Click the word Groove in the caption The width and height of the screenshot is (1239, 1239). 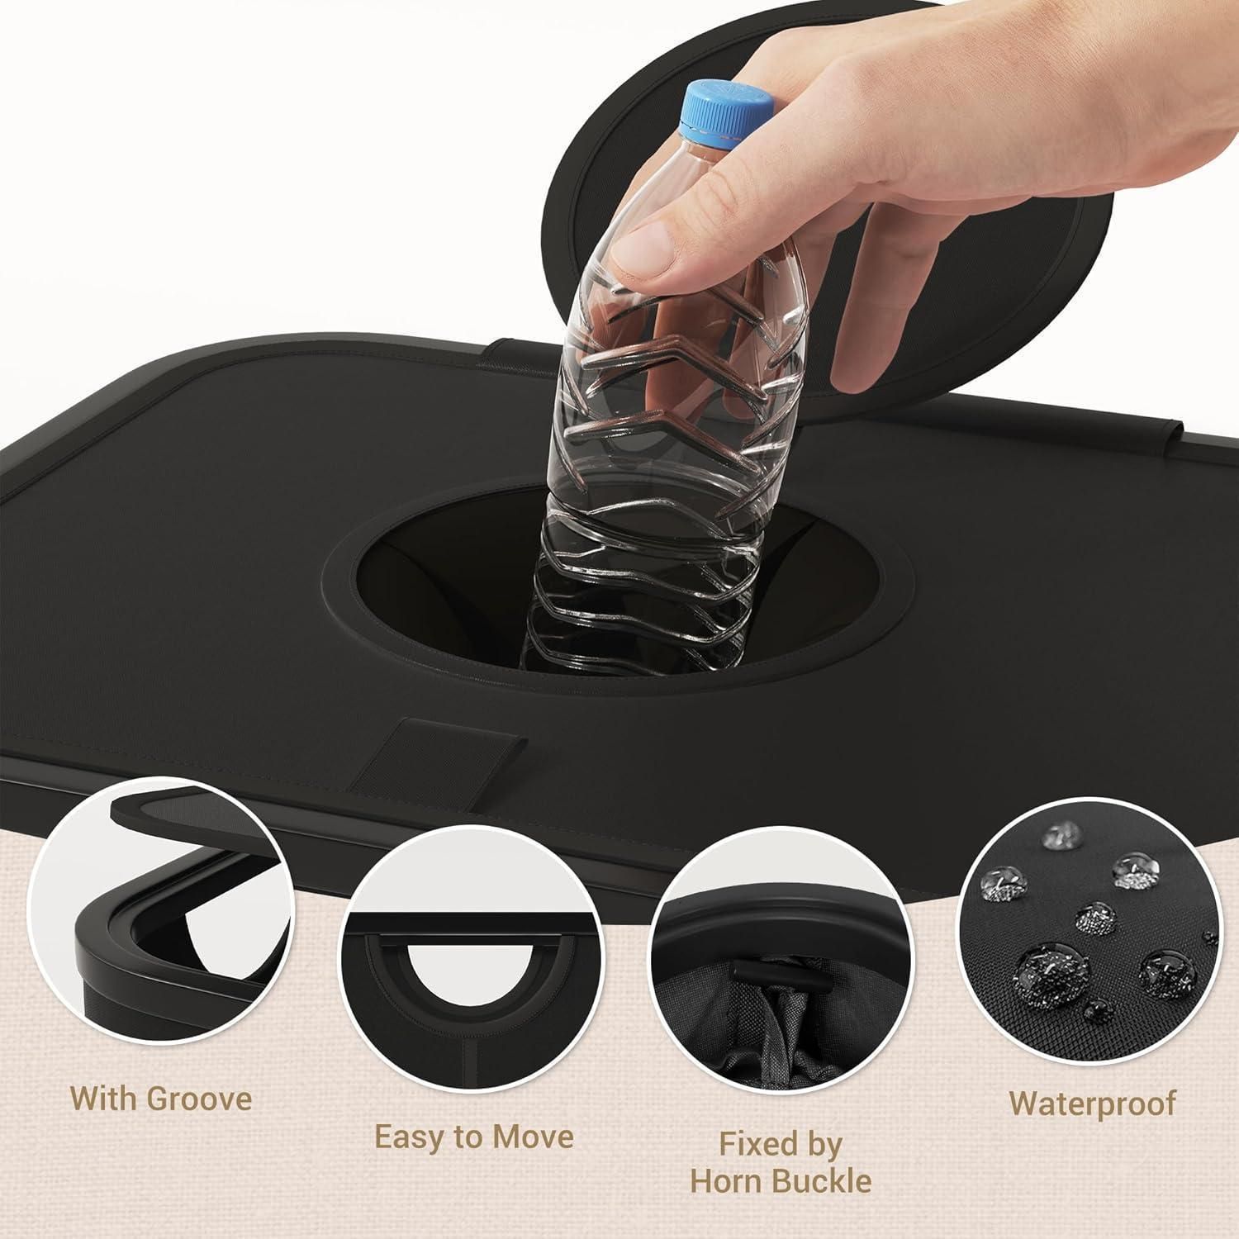pyautogui.click(x=199, y=1099)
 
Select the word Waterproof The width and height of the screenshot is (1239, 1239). pyautogui.click(x=1092, y=1104)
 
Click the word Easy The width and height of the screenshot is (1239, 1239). pyautogui.click(x=410, y=1138)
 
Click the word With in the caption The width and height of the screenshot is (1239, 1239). pyautogui.click(x=105, y=1099)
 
